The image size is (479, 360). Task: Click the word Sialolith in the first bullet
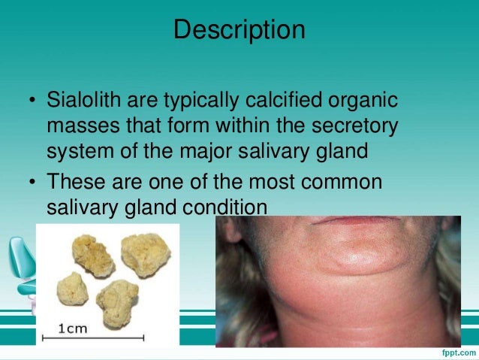pyautogui.click(x=77, y=101)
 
